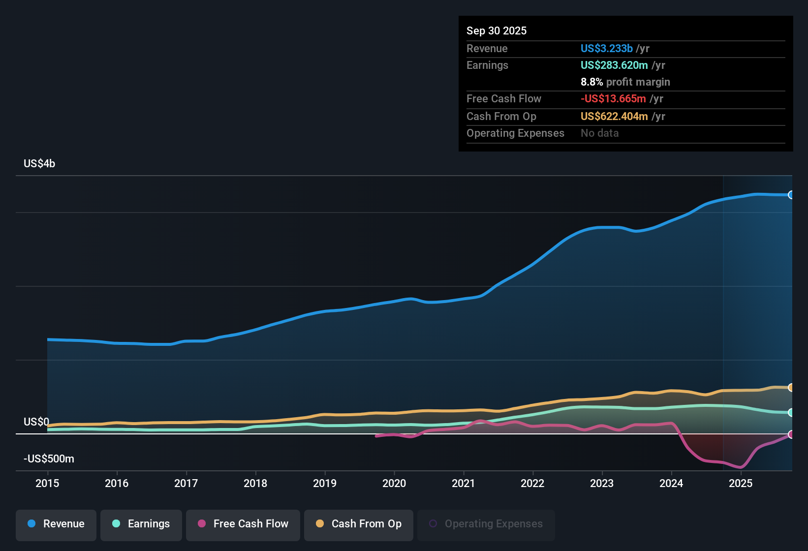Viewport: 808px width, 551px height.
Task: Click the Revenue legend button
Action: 56,524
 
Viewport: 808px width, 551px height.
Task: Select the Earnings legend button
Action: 141,524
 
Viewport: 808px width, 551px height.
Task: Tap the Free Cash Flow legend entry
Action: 243,524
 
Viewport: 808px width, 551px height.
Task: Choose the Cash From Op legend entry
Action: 359,524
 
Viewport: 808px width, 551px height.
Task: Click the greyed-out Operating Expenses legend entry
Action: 486,524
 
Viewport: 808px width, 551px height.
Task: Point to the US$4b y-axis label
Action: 39,164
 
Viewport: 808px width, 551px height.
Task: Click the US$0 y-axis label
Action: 36,422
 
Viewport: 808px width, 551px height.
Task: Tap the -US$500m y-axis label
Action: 49,459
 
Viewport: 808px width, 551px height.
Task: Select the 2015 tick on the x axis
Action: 47,483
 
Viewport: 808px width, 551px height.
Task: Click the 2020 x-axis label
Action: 394,483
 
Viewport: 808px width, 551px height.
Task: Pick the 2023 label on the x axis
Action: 602,483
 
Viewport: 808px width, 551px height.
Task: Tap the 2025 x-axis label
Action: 741,483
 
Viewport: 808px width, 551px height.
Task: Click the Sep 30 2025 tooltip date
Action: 497,31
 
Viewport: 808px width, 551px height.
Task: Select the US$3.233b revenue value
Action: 606,49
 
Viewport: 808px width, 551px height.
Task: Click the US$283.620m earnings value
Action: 614,65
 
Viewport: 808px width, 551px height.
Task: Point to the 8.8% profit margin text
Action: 625,82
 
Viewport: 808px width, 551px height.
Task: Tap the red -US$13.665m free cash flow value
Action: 613,99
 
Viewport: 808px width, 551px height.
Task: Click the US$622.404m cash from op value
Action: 614,117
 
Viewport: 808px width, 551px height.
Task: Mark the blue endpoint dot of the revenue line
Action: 791,195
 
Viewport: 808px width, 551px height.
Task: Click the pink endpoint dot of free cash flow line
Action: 791,434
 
